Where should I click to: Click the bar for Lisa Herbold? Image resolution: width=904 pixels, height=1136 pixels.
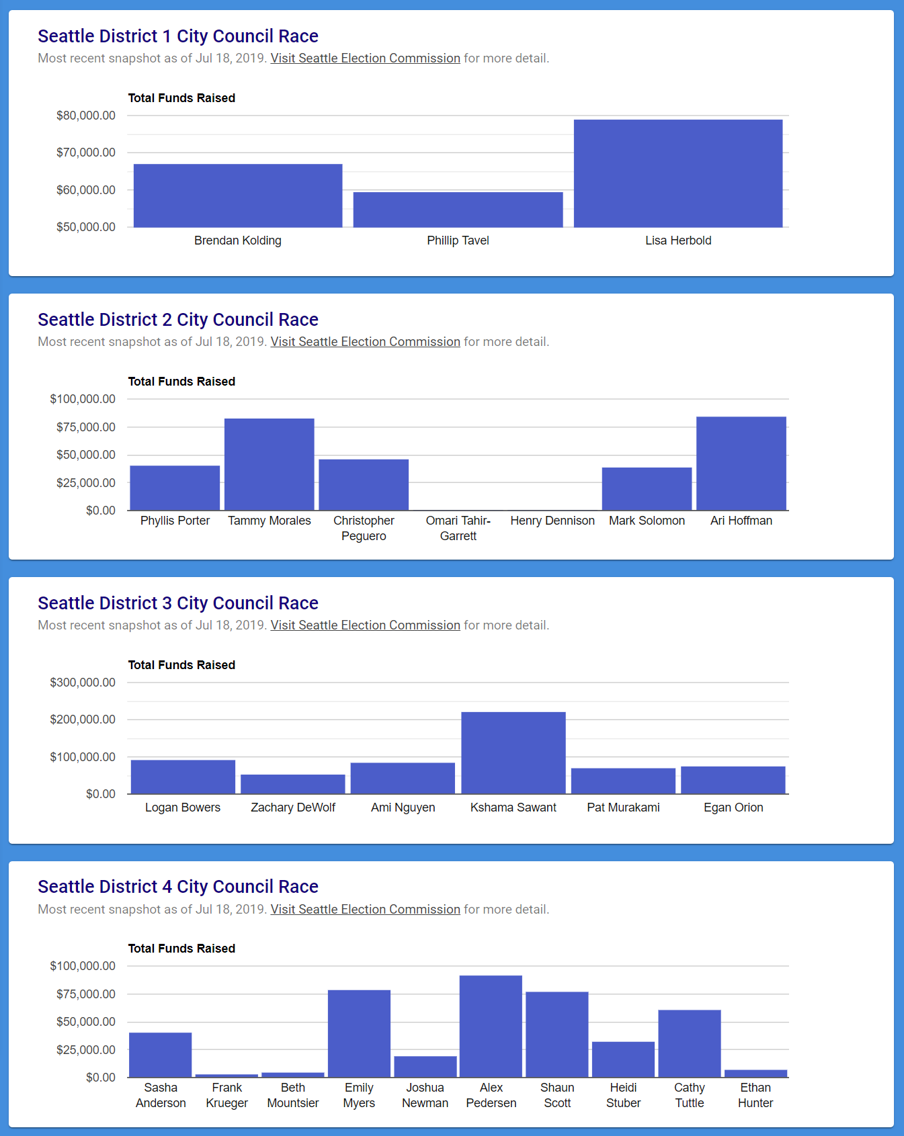677,173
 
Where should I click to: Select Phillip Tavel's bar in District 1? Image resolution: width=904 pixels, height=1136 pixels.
458,210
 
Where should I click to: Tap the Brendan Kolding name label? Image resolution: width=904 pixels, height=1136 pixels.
238,241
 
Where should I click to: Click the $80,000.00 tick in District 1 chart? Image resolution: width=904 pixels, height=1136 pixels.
86,116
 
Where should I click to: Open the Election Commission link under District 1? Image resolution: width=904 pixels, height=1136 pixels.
365,58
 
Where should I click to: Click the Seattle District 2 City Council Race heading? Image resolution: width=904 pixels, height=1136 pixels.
178,320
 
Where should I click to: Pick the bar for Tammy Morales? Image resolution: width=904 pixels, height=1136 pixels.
269,464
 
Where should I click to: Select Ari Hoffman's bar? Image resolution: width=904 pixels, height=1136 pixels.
741,464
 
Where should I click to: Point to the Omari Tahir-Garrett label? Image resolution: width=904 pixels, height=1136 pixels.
458,528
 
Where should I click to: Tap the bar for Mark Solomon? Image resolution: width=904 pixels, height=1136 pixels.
647,488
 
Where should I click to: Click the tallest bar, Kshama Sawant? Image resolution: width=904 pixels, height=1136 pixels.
513,752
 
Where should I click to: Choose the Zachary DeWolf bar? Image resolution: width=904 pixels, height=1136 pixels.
293,784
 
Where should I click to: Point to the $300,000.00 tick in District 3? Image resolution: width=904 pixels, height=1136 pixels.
83,683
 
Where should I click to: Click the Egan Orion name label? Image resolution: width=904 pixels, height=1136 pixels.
733,807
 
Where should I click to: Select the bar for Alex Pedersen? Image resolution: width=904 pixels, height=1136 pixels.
491,1026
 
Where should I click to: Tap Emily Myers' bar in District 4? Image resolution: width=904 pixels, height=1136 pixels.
359,1033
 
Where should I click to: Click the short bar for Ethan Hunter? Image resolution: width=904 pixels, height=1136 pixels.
755,1074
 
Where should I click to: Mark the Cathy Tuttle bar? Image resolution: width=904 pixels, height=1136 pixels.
690,1043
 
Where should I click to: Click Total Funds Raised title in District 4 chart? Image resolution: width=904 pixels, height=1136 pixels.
181,949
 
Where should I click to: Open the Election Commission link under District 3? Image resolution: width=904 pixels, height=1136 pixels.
365,625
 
